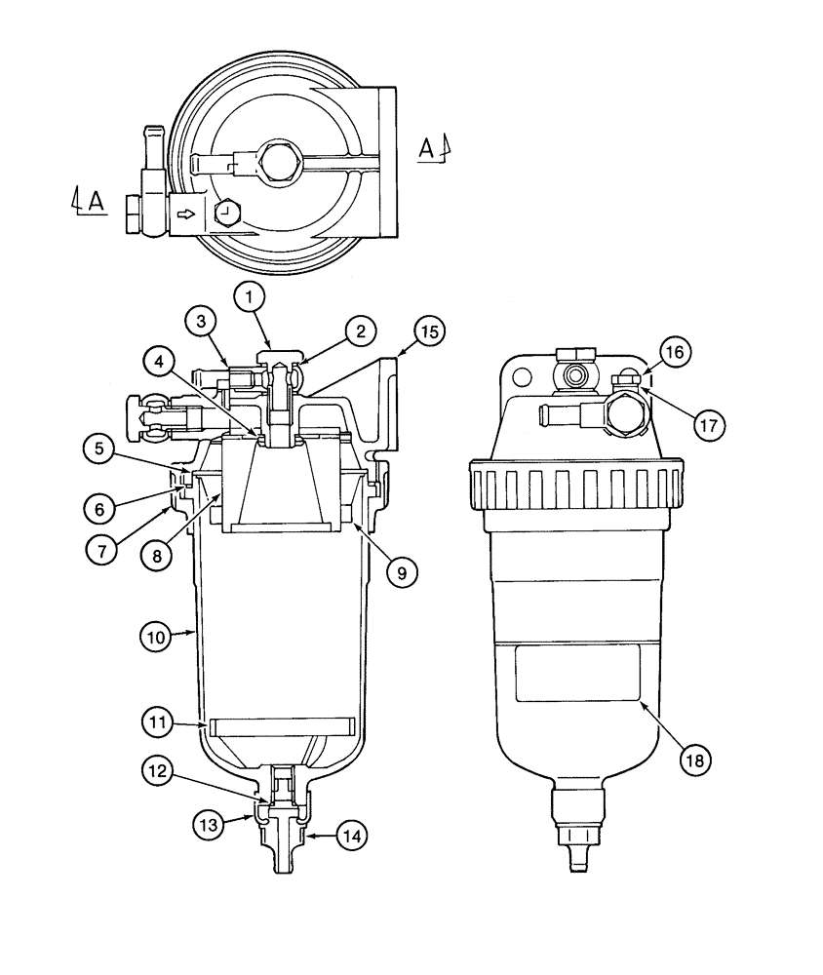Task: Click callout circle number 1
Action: coord(250,293)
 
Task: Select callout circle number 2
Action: coord(360,331)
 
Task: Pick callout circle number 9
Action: coord(400,571)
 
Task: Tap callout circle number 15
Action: coord(428,331)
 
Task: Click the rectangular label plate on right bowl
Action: coord(577,672)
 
